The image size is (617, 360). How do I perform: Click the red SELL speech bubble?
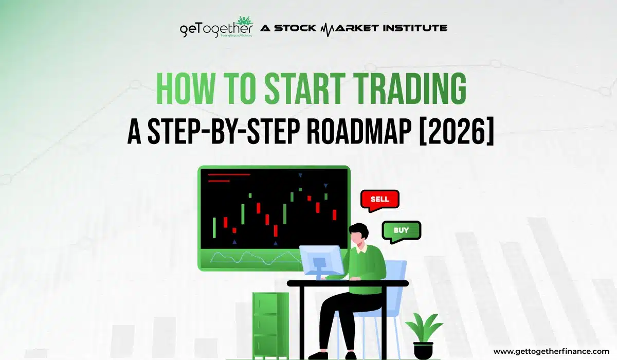(x=379, y=199)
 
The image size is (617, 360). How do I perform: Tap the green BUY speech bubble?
(x=401, y=230)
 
